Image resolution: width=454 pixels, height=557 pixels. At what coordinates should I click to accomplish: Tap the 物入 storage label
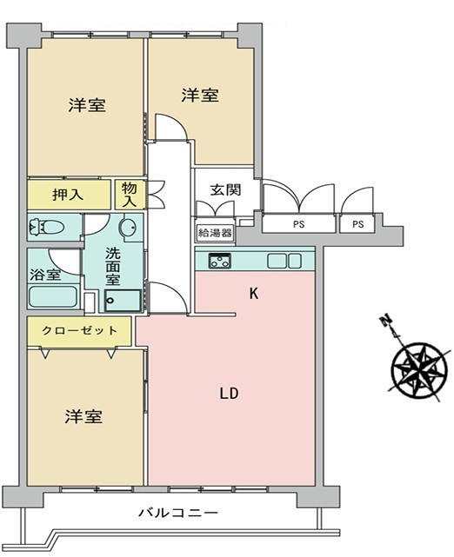click(x=130, y=194)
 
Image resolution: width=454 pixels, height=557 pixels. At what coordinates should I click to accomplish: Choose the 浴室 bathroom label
click(x=47, y=274)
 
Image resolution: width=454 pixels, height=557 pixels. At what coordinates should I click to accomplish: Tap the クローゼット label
click(x=78, y=330)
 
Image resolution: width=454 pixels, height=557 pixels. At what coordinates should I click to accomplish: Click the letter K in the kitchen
click(x=254, y=294)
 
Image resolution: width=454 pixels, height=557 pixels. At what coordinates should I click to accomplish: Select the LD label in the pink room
click(x=229, y=392)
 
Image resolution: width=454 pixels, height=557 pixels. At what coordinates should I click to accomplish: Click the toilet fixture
click(x=47, y=228)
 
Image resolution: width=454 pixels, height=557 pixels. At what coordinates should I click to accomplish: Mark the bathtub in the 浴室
click(x=54, y=296)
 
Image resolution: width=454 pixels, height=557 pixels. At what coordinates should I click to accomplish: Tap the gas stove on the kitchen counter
click(x=217, y=260)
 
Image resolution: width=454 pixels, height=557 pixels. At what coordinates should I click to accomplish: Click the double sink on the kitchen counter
click(x=283, y=260)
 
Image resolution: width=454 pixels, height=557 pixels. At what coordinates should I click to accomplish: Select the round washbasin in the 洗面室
click(x=128, y=229)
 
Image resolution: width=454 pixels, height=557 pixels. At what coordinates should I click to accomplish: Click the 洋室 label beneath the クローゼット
click(x=83, y=417)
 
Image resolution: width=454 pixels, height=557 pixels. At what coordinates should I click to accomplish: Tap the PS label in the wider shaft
click(x=299, y=224)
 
